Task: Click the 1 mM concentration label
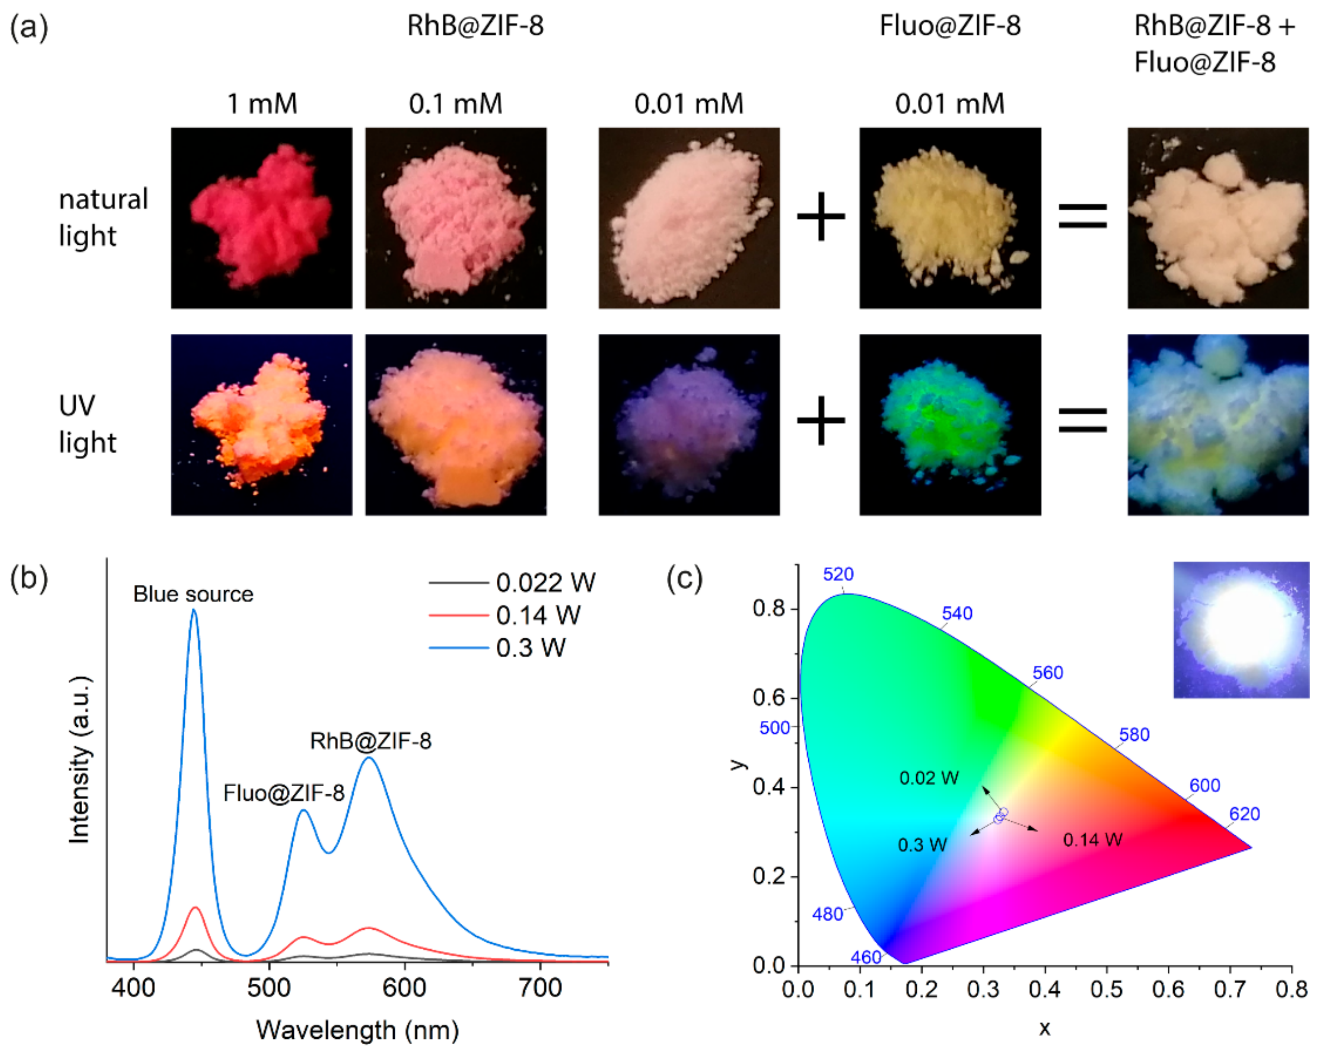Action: point(262,104)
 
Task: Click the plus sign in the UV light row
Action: point(821,420)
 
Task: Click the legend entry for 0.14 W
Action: point(537,615)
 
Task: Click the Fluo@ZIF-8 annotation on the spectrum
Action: point(284,794)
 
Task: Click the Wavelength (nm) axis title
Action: point(357,1030)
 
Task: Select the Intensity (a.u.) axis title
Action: point(80,760)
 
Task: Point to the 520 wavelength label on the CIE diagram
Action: point(838,574)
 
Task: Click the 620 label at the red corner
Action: point(1244,814)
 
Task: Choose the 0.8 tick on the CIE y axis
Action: point(768,609)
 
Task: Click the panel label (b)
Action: point(29,577)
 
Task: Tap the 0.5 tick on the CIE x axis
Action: point(1106,989)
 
